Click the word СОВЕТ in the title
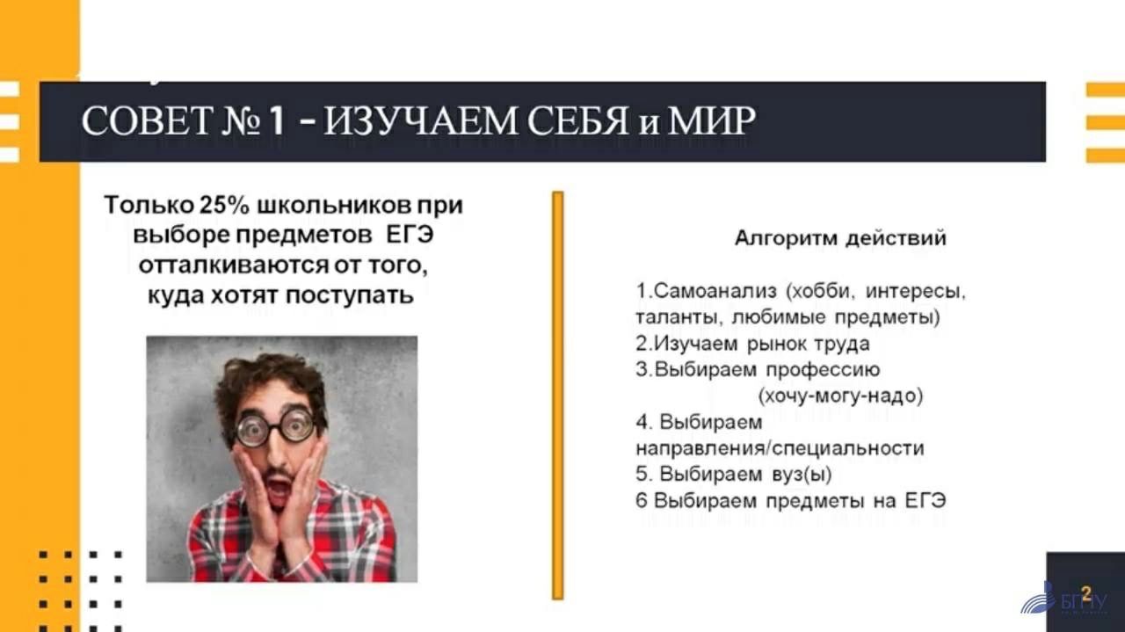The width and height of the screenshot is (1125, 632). [x=146, y=121]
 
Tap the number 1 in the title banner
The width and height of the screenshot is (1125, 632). [x=277, y=121]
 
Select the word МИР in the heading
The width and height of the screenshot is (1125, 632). [x=711, y=121]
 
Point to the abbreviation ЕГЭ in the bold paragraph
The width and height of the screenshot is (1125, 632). [x=410, y=235]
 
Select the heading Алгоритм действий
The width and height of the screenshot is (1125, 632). [x=840, y=238]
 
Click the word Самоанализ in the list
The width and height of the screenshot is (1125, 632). [x=715, y=291]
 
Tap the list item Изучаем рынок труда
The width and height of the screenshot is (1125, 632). [x=752, y=344]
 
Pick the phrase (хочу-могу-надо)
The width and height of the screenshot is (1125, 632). [x=840, y=396]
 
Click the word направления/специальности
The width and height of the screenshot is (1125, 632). [x=780, y=448]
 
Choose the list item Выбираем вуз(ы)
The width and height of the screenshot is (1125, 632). [x=733, y=475]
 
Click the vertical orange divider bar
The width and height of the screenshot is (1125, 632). [x=557, y=396]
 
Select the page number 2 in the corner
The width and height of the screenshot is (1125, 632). [x=1087, y=593]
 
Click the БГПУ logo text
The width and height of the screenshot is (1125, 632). [x=1085, y=602]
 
